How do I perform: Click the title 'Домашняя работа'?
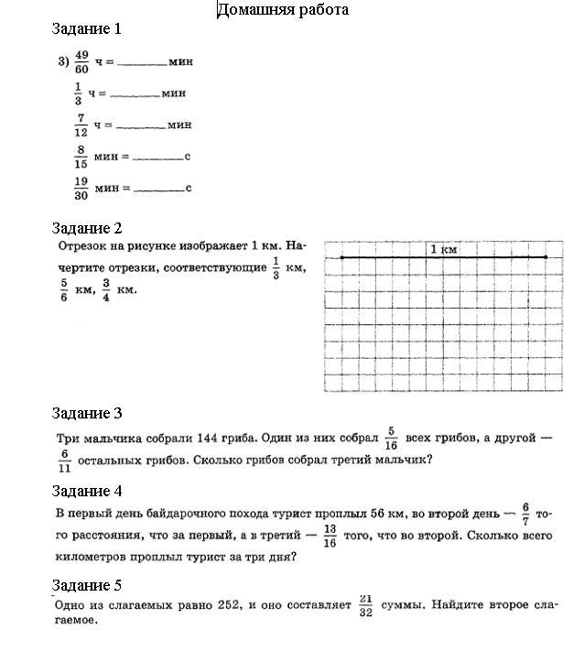click(x=282, y=10)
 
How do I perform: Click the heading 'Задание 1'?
click(x=87, y=28)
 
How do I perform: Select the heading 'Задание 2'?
click(x=87, y=228)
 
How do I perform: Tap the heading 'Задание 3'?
click(x=87, y=413)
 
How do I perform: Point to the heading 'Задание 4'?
click(x=87, y=491)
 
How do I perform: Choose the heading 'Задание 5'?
click(x=87, y=585)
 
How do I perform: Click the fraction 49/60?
click(x=81, y=62)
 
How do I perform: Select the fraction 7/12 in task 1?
click(x=81, y=125)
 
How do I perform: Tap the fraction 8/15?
click(x=81, y=157)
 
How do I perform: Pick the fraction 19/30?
click(x=81, y=189)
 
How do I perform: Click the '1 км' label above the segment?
click(x=443, y=249)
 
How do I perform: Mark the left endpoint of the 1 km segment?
click(x=342, y=257)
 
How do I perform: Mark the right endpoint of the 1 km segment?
click(x=546, y=257)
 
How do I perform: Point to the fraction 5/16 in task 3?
click(x=390, y=438)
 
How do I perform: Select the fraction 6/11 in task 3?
click(x=65, y=460)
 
